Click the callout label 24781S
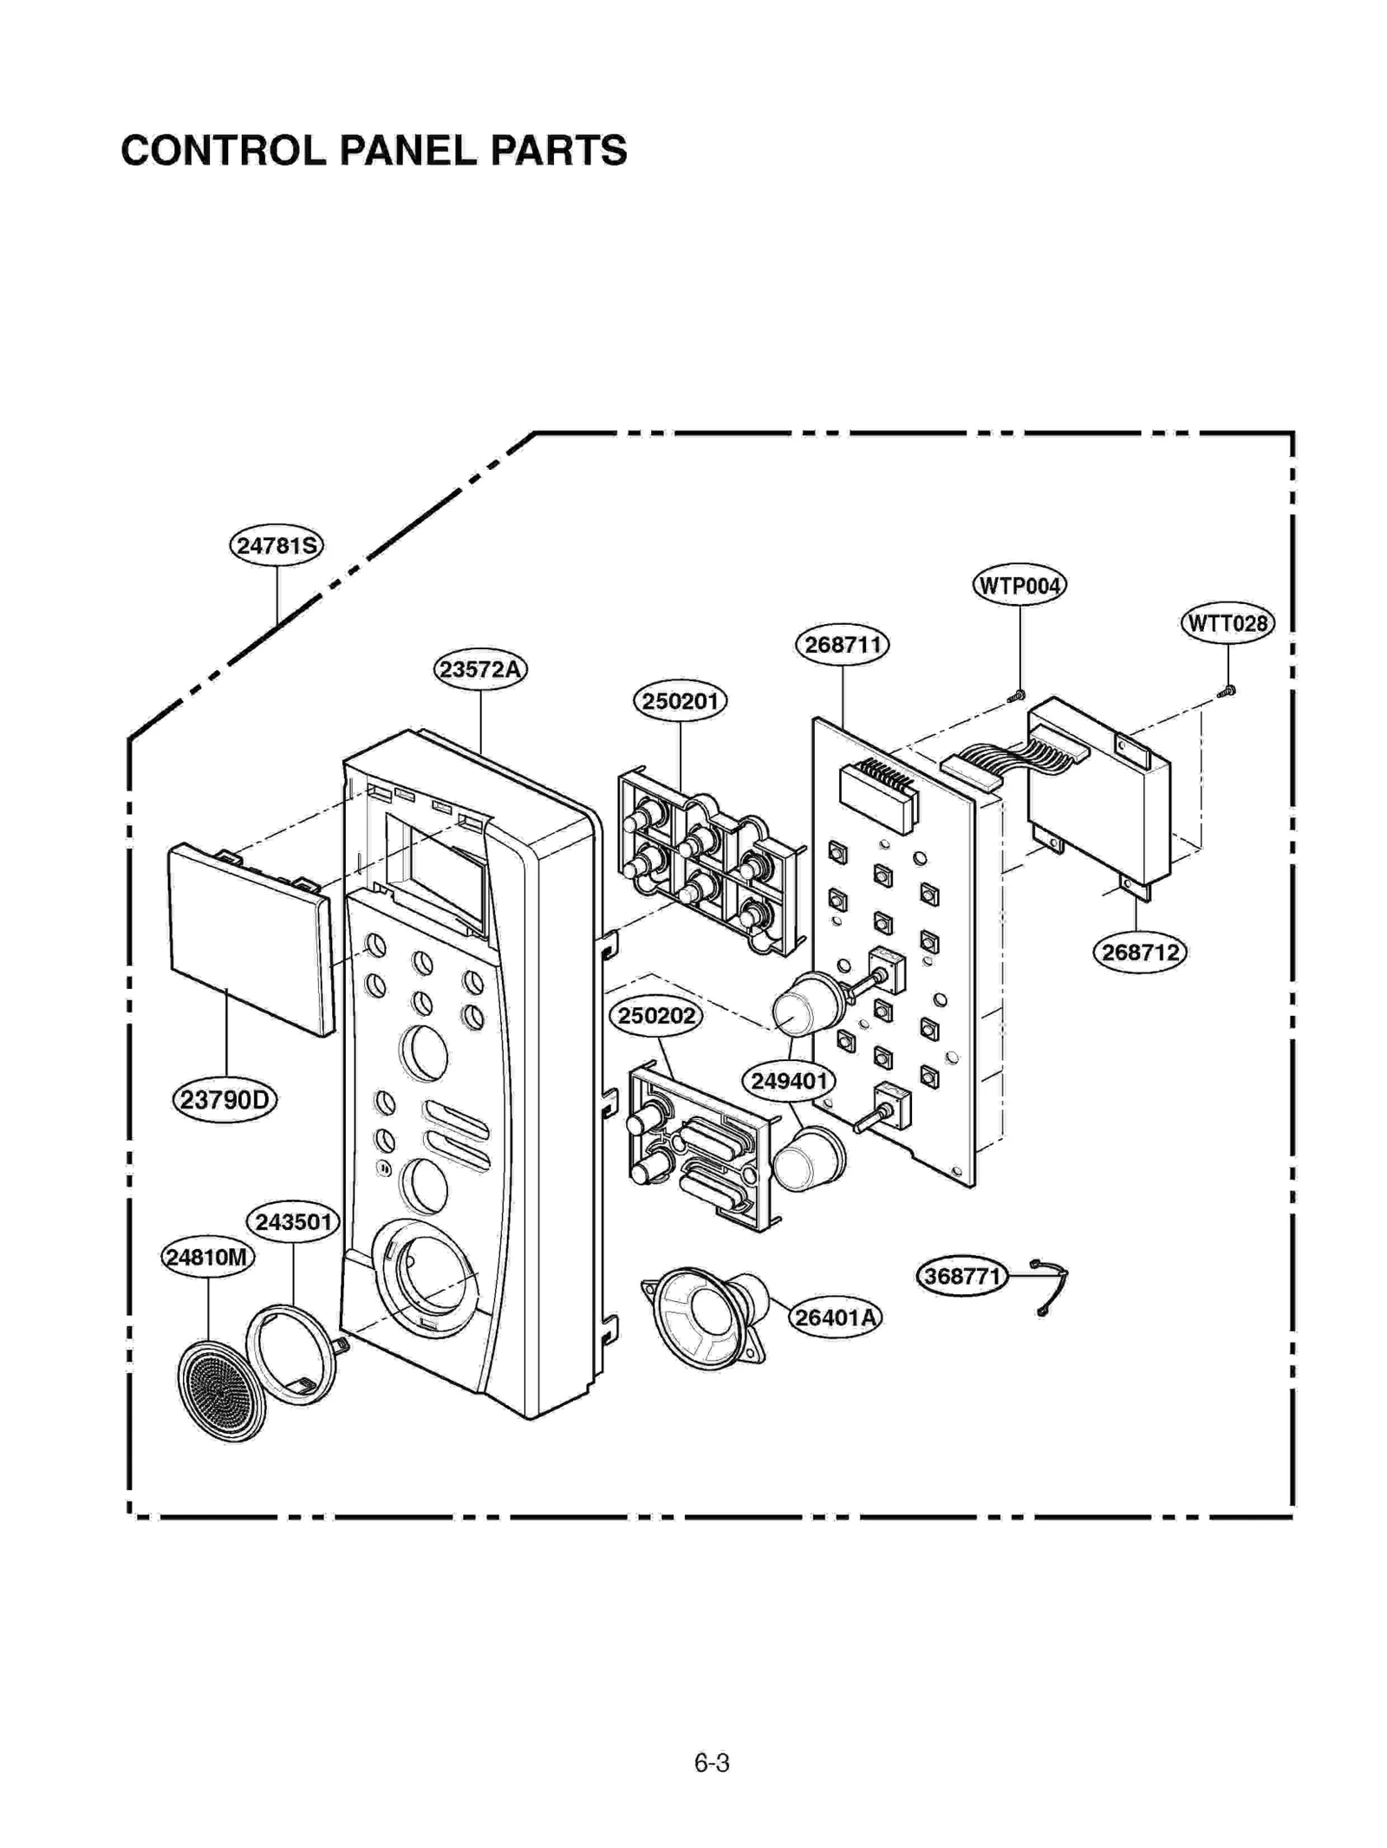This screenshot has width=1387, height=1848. click(276, 546)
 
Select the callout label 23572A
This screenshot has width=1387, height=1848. click(480, 669)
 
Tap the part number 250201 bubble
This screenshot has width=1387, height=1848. click(680, 700)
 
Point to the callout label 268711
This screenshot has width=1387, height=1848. click(842, 645)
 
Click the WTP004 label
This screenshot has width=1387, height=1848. click(1019, 586)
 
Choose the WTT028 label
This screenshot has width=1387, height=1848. click(1227, 623)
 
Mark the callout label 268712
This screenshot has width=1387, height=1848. click(1139, 953)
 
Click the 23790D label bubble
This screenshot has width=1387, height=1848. click(225, 1100)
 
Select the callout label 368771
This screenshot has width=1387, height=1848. click(961, 1277)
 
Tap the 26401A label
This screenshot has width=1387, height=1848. click(835, 1318)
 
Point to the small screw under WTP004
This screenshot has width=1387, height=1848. click(1018, 695)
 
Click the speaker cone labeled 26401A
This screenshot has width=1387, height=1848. click(707, 1318)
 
